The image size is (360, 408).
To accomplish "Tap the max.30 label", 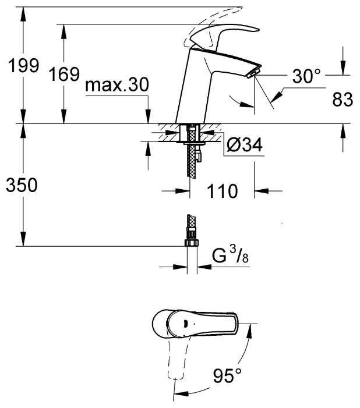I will tap(117, 86).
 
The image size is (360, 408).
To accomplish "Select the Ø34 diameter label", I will tap(243, 145).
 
